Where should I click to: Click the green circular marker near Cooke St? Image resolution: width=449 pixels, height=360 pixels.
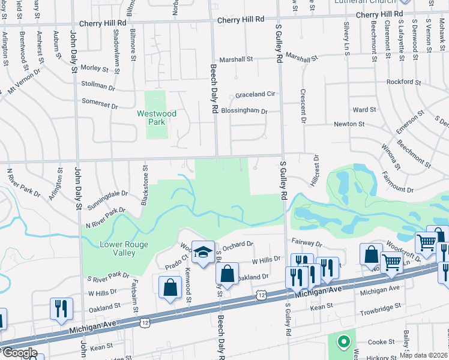tap(343, 342)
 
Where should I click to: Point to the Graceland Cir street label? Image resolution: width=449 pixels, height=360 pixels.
tap(255, 95)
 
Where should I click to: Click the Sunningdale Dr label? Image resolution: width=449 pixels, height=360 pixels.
tap(107, 193)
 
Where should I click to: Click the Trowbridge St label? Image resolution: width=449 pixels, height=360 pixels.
tap(380, 313)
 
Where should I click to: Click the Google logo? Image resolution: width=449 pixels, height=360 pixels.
tap(19, 353)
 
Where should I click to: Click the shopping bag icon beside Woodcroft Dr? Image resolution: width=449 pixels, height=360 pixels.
tap(371, 254)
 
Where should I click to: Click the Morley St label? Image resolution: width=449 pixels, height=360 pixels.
tap(94, 68)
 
